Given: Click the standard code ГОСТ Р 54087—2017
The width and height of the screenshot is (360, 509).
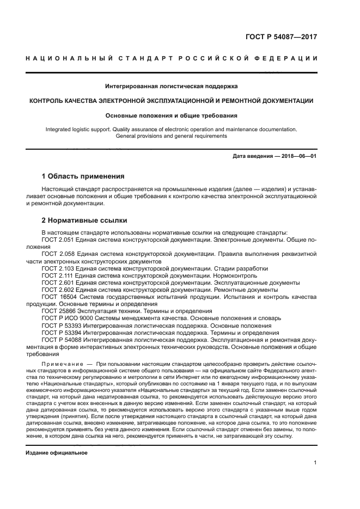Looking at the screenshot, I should (x=280, y=37).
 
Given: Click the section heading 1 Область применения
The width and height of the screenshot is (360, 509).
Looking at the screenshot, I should (x=83, y=176).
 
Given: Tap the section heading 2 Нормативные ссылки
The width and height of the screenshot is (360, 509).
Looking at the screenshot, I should (x=84, y=220).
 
